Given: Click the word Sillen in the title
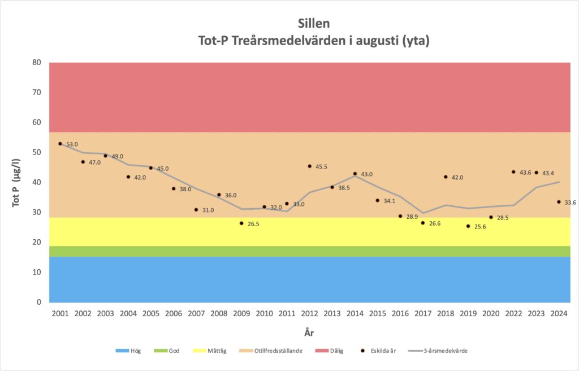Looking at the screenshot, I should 313,24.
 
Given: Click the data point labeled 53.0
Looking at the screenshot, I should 60,144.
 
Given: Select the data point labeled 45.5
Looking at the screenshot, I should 309,166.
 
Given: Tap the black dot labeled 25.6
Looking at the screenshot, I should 468,226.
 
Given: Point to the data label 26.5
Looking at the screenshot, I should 252,224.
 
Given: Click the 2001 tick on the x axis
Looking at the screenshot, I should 60,313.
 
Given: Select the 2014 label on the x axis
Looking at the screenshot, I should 355,313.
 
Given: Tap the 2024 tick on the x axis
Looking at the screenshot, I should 559,313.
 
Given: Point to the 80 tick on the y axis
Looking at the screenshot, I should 36,63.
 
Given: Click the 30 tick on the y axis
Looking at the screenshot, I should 36,213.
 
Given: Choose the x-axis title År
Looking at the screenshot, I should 309,333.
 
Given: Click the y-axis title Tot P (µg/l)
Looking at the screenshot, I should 17,182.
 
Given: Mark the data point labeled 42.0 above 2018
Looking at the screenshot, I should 446,177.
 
